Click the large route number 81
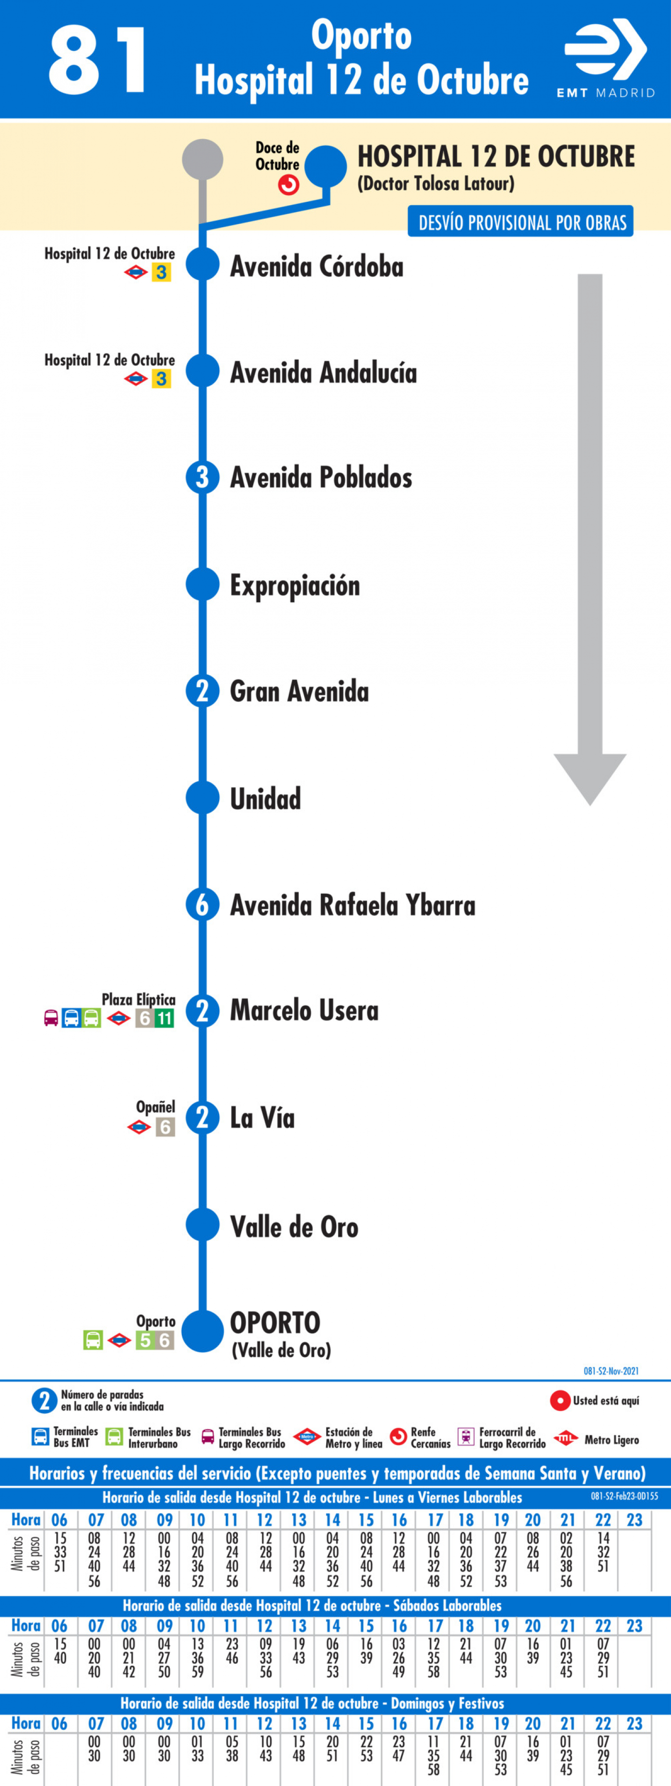click(97, 60)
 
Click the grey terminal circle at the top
click(202, 160)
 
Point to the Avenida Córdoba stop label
click(317, 266)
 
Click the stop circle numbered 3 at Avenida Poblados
click(202, 477)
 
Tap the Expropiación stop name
click(295, 586)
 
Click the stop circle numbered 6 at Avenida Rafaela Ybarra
click(202, 904)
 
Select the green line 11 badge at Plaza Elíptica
click(164, 1018)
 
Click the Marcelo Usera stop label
click(305, 1010)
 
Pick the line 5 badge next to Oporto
click(144, 1340)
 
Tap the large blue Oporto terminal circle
click(202, 1331)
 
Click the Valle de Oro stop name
click(294, 1226)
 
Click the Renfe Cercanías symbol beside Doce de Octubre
click(289, 185)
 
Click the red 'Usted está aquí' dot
click(560, 1401)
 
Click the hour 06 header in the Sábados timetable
click(59, 1626)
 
